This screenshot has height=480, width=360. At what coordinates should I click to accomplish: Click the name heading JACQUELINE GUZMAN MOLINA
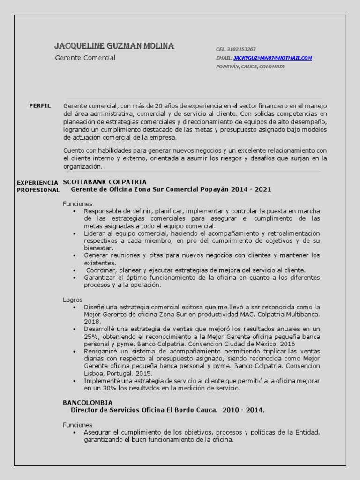tap(114, 46)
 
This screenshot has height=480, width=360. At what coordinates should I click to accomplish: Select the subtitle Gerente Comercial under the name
tap(85, 58)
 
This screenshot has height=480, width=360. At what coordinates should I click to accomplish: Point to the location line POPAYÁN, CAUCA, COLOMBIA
tap(250, 67)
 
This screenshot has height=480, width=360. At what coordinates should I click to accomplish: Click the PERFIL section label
tap(40, 106)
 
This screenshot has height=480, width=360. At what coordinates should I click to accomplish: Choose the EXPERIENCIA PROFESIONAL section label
tap(38, 186)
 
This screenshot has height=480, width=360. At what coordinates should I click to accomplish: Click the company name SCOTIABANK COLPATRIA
tap(105, 182)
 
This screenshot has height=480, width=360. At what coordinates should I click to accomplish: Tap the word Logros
tap(73, 300)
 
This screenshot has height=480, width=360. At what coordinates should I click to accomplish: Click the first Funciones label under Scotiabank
tap(77, 204)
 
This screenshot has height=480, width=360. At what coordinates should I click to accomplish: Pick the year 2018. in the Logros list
tap(92, 322)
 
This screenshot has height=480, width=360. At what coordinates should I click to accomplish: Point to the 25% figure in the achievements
tap(91, 337)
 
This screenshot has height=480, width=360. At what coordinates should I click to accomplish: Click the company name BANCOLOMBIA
tap(88, 403)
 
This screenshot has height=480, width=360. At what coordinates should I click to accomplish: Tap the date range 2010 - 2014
tap(243, 410)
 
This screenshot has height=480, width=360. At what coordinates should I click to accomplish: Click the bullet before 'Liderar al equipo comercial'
tap(75, 233)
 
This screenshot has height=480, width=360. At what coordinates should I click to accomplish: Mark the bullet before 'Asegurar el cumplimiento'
tap(75, 432)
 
